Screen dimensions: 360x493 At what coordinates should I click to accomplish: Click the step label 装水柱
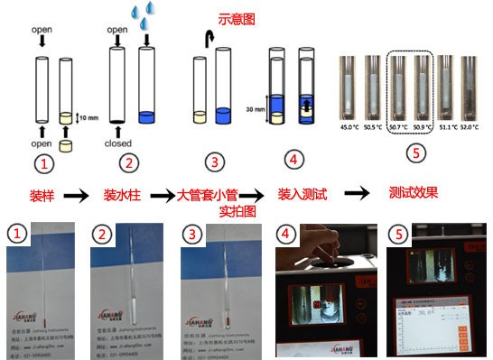[120, 194]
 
